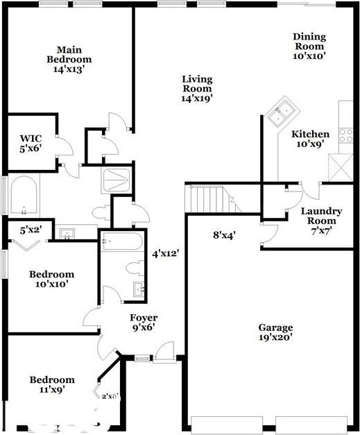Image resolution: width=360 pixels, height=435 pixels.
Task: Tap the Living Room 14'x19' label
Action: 196,88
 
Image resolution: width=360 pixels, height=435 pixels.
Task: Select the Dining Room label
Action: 309,46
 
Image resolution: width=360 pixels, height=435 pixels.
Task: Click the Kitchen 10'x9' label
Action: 310,139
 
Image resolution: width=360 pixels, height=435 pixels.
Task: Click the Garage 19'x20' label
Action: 276,332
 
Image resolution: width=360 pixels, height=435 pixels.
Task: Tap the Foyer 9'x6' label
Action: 143,323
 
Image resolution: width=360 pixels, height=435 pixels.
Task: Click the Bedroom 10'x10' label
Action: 51,279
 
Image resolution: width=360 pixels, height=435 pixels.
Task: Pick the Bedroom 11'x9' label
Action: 51,384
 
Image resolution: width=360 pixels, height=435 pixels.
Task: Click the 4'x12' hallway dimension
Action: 166,253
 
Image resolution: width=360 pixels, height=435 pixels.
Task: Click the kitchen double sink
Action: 284,110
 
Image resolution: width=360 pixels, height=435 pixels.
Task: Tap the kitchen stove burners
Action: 346,135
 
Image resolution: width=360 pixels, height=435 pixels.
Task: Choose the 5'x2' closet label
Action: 31,230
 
